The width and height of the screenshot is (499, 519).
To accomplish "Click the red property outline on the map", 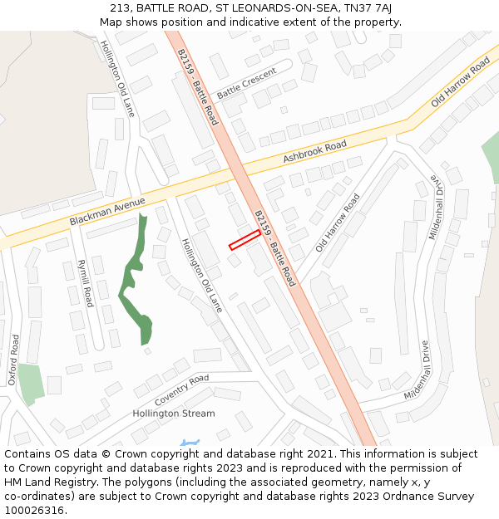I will pyautogui.click(x=245, y=240).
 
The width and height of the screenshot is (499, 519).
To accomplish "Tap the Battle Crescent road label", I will pyautogui.click(x=246, y=84).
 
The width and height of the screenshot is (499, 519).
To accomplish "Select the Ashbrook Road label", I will pyautogui.click(x=314, y=152).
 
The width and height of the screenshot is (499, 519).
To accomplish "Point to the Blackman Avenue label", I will pyautogui.click(x=107, y=211).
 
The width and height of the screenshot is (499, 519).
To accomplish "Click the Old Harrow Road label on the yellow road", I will pyautogui.click(x=460, y=84).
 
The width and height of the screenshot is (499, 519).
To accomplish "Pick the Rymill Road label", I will pyautogui.click(x=84, y=283).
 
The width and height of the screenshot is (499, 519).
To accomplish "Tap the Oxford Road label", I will pyautogui.click(x=13, y=360).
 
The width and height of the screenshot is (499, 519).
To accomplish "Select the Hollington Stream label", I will pyautogui.click(x=174, y=413).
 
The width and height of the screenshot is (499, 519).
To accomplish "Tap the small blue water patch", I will pyautogui.click(x=190, y=443).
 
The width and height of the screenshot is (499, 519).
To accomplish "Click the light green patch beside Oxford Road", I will pyautogui.click(x=31, y=383).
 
